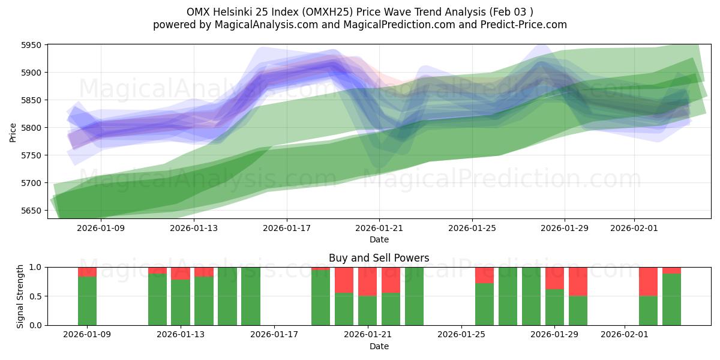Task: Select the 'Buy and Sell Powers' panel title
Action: coord(379,258)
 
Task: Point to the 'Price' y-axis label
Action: coord(13,131)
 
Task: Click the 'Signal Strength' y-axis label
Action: coord(20,296)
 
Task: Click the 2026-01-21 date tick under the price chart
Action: coord(379,228)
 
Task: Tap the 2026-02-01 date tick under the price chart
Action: coord(634,228)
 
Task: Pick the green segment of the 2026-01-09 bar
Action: coord(87,301)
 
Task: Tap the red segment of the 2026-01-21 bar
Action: coord(367,281)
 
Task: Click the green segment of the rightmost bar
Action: coord(671,299)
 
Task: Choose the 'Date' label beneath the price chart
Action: coord(379,239)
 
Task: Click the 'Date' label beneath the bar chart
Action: coord(379,346)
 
